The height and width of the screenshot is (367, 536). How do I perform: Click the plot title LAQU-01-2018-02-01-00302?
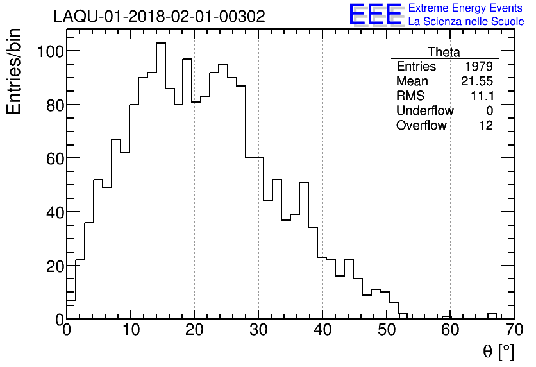pos(159,17)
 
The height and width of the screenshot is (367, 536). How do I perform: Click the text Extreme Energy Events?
pos(465,8)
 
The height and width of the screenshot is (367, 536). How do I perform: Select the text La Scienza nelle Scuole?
pos(466,22)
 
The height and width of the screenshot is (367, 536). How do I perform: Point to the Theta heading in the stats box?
pos(444,53)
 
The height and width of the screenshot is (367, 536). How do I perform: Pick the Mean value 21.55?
pos(477,81)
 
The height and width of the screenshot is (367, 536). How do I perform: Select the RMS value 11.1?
pos(482,96)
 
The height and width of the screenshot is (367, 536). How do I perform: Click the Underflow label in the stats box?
pos(424,110)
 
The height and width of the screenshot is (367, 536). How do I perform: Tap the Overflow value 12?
pos(486,125)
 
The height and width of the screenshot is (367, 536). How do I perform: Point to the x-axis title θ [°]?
pos(498,351)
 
